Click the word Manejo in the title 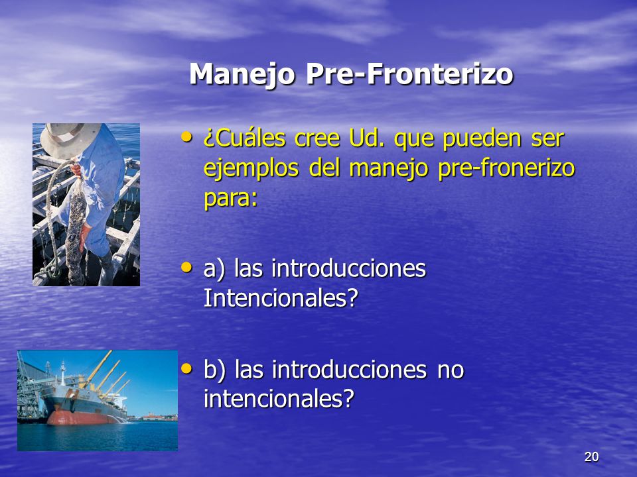[242, 75]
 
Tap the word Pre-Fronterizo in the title [410, 74]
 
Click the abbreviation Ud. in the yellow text [366, 138]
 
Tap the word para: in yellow [230, 199]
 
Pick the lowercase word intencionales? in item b [279, 398]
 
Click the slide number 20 [591, 456]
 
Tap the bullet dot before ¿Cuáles [187, 137]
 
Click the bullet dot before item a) [187, 267]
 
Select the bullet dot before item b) [187, 368]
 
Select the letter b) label [214, 370]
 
